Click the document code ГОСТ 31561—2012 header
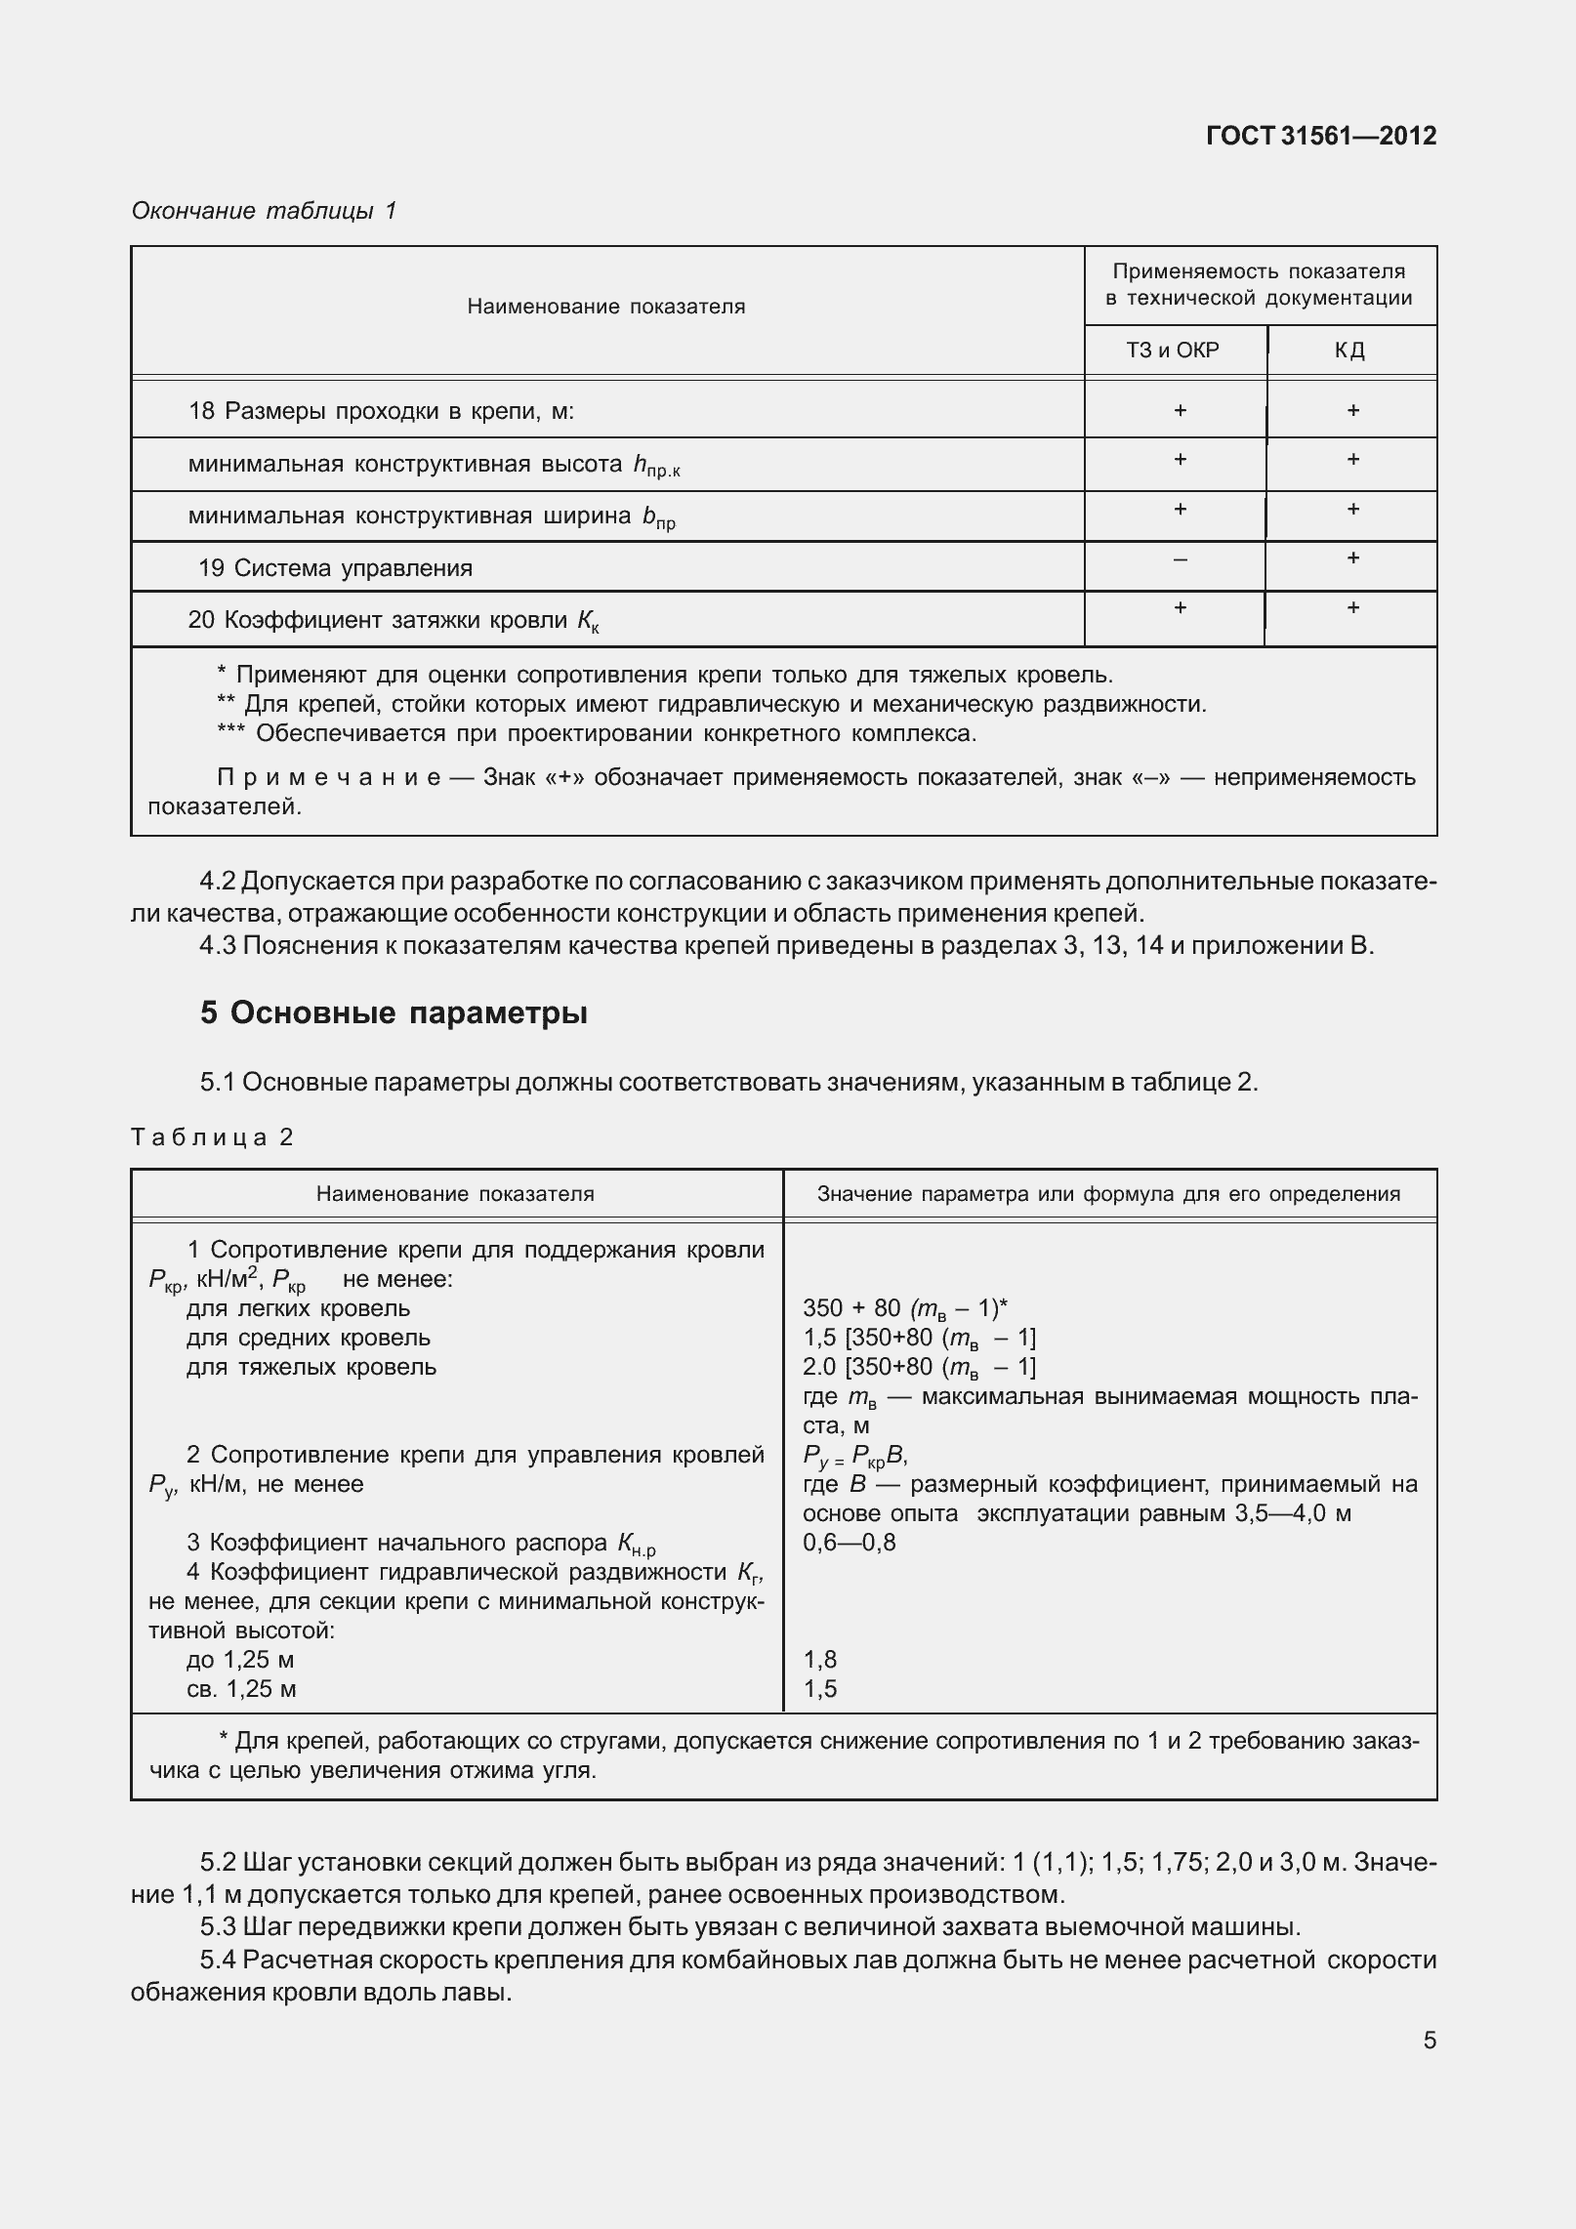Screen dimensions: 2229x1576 [x=1320, y=136]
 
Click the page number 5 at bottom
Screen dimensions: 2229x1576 [x=1429, y=2040]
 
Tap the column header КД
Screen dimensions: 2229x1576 [x=1350, y=351]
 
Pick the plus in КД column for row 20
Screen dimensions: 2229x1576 [x=1352, y=608]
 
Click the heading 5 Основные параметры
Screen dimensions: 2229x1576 [x=394, y=1013]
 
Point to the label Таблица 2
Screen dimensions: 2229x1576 [x=212, y=1136]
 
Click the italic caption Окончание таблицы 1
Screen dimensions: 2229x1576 [x=264, y=211]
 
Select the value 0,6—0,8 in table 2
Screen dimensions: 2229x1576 [x=849, y=1543]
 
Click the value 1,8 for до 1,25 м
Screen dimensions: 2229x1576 [x=819, y=1660]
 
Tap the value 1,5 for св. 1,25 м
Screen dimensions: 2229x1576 [x=819, y=1689]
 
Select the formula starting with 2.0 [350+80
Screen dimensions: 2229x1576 [x=918, y=1367]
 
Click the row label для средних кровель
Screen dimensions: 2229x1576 [x=308, y=1338]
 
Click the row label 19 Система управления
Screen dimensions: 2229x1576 [x=335, y=568]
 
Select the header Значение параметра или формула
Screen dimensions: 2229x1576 [x=1108, y=1194]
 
